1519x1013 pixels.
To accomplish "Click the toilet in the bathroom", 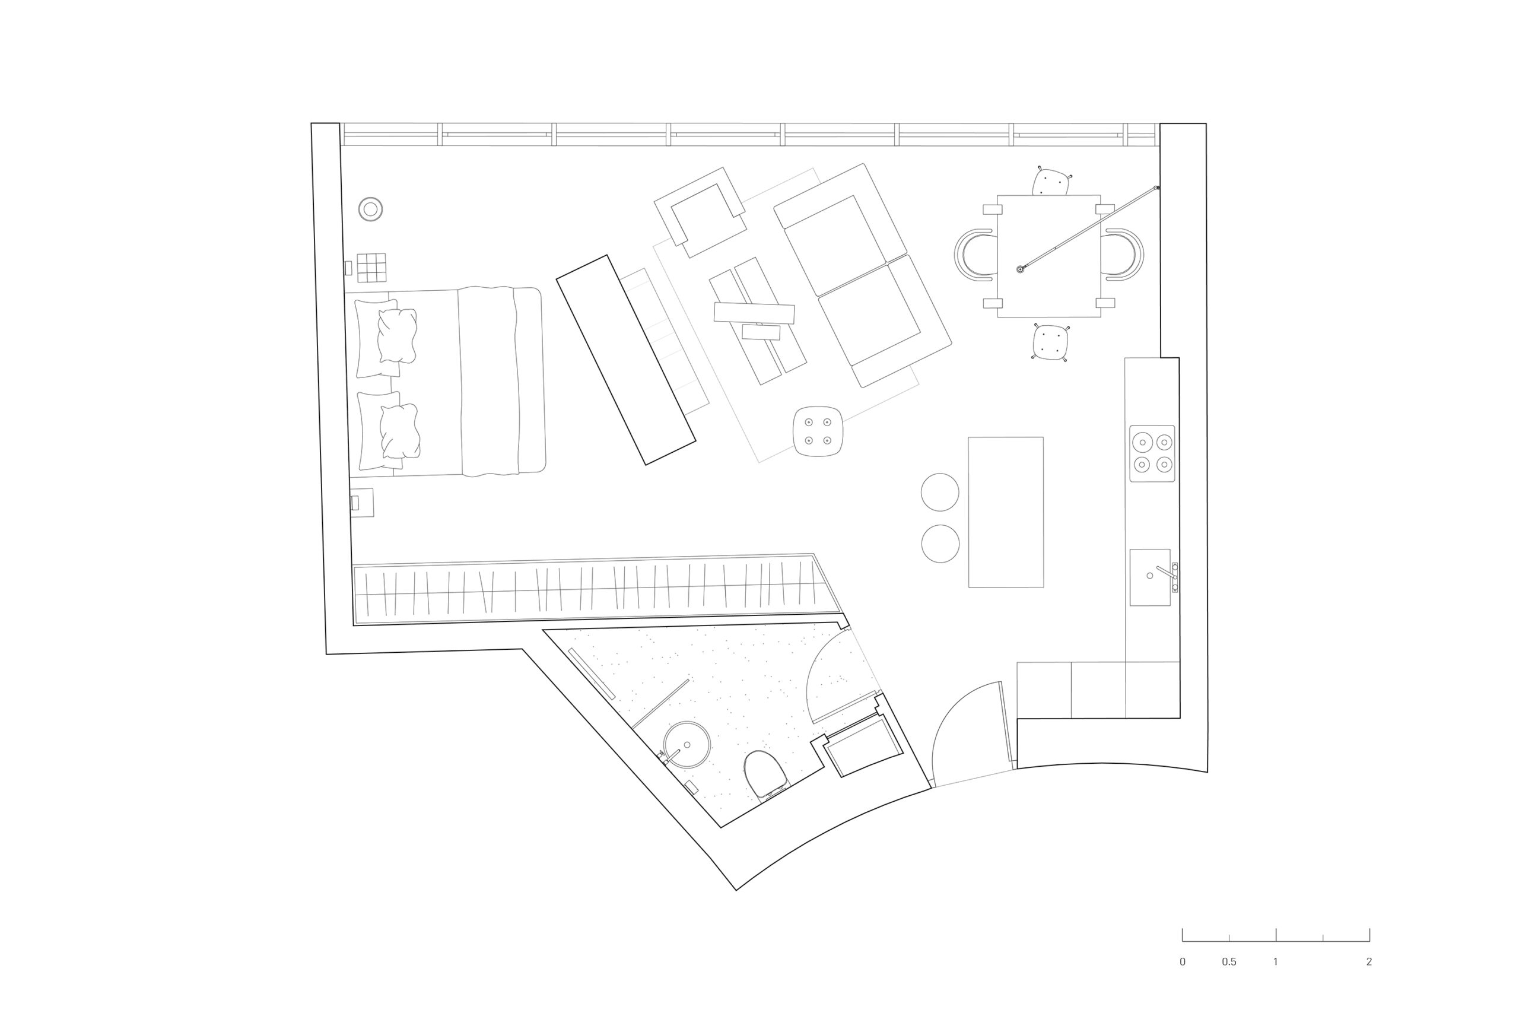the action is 765,773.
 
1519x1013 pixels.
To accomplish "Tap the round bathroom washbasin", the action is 687,745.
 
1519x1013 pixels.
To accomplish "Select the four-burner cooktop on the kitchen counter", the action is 1152,453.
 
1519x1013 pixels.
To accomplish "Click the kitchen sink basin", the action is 1151,577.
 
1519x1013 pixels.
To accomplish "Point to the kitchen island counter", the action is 1006,512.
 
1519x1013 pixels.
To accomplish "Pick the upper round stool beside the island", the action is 940,493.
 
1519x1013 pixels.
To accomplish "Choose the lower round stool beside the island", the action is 940,544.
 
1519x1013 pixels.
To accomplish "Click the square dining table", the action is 1049,256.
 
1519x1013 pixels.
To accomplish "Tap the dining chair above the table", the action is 1051,182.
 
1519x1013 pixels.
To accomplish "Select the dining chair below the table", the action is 1051,342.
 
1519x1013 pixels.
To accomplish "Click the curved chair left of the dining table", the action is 976,255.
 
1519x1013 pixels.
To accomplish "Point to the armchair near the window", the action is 700,212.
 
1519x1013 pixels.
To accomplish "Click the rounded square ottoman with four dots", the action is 818,431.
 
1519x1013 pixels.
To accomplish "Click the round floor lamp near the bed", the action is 371,209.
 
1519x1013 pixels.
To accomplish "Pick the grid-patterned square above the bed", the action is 371,268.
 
